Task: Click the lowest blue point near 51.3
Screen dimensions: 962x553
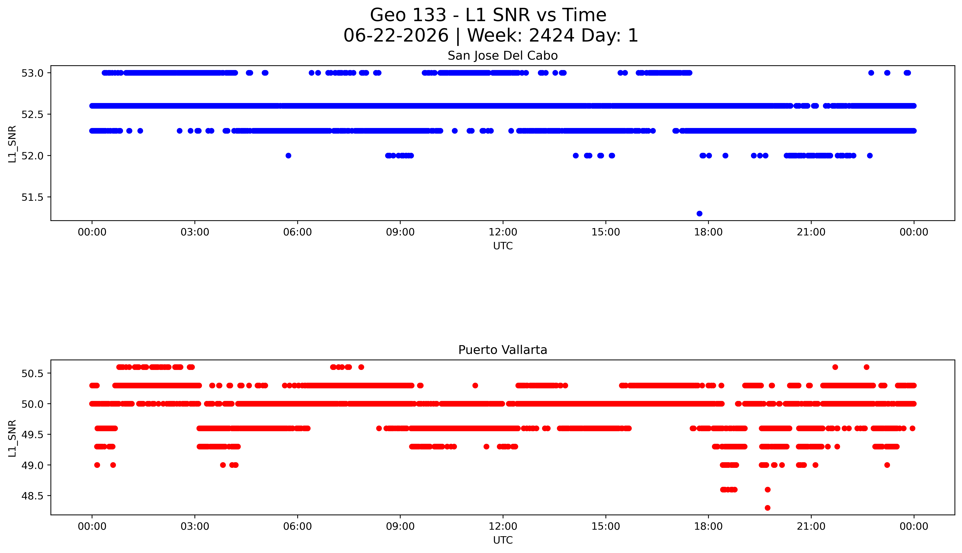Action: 699,214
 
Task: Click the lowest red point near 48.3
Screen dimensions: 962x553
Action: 767,508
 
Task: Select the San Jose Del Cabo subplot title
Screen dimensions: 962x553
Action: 503,56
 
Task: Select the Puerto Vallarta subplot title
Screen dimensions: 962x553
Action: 503,350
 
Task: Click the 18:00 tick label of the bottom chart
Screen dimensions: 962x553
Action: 708,526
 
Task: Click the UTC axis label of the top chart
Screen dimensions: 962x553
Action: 503,246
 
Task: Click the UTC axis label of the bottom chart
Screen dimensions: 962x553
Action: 503,540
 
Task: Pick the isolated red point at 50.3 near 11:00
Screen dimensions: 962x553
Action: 475,385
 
